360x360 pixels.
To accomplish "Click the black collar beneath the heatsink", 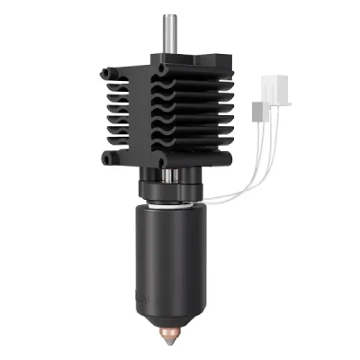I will [171, 189].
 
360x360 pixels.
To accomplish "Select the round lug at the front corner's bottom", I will [162, 163].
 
